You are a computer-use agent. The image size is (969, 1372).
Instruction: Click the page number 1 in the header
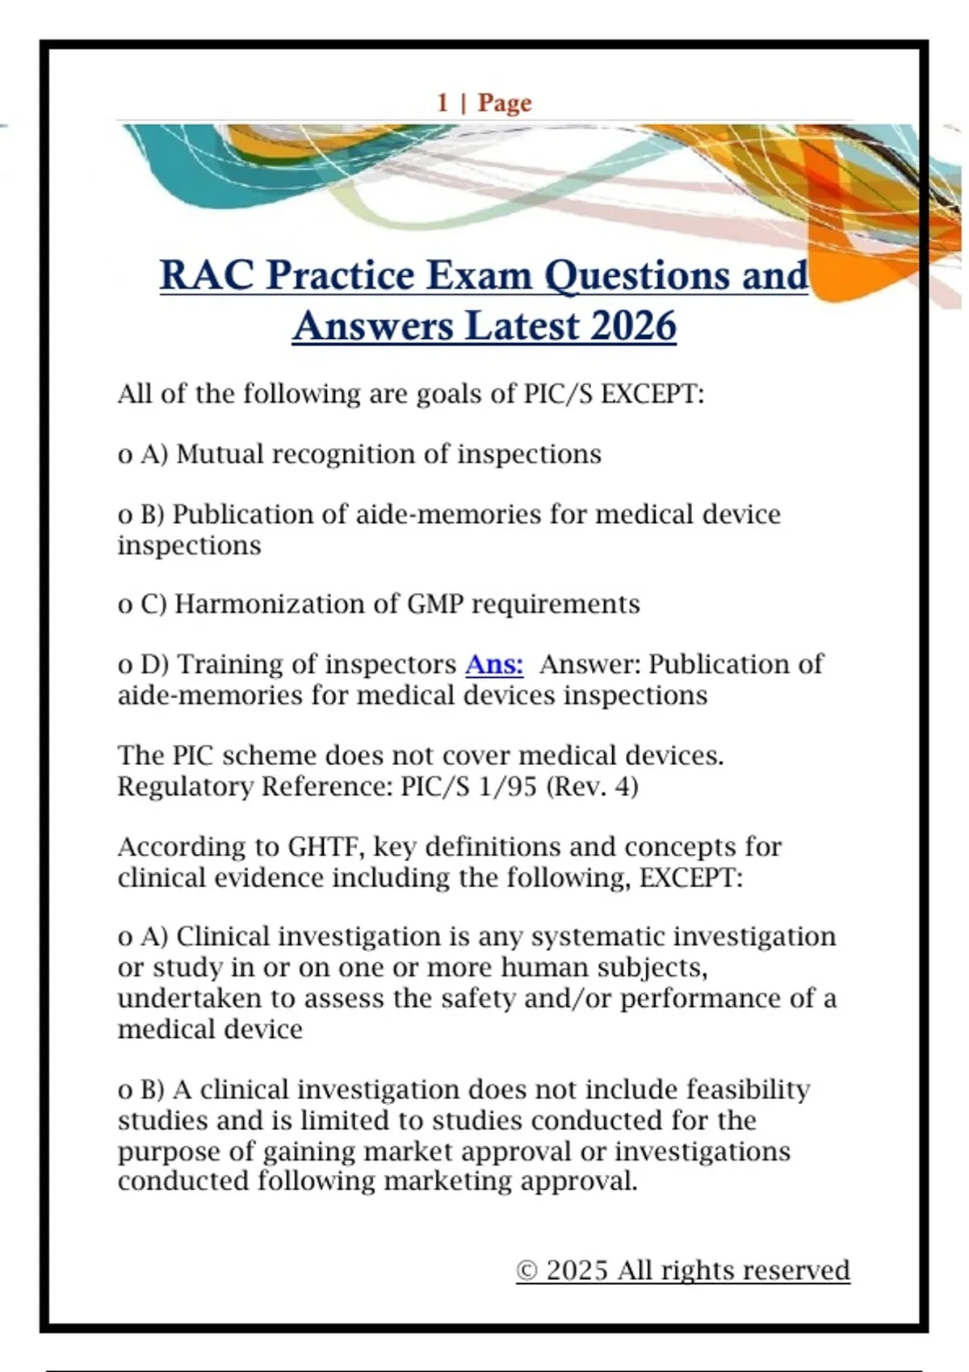pos(443,102)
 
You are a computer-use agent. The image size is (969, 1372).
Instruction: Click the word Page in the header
pos(505,102)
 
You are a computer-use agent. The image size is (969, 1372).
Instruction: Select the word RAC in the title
pos(207,275)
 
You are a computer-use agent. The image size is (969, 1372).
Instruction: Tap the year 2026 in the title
pos(633,326)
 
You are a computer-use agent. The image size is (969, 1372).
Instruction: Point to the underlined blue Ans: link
pos(494,664)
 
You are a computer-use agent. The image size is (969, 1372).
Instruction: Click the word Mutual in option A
pos(220,454)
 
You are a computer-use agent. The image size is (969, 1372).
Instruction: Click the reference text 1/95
pos(507,786)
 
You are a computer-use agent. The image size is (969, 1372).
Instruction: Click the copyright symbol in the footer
pos(526,1271)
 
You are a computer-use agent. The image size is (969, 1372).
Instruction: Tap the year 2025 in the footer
pos(577,1271)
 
